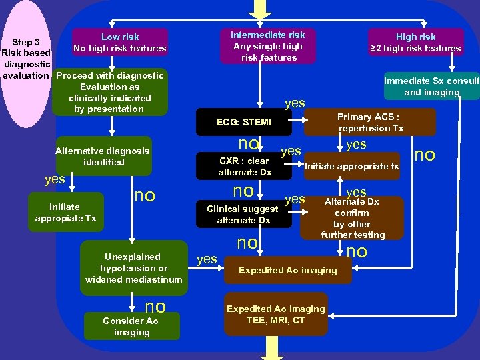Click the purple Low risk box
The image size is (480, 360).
click(x=119, y=43)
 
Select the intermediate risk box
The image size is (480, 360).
click(x=267, y=46)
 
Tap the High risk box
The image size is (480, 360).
click(x=415, y=43)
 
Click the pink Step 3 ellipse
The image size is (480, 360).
click(x=27, y=63)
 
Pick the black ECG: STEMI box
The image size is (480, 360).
click(x=244, y=122)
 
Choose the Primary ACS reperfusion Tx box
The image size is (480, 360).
click(x=371, y=122)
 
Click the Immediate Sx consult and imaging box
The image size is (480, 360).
click(x=431, y=86)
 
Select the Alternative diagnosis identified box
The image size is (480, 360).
click(x=103, y=157)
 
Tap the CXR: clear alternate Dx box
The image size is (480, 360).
click(x=245, y=166)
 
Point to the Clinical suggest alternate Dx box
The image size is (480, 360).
click(x=243, y=214)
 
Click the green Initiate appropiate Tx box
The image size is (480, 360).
click(x=65, y=213)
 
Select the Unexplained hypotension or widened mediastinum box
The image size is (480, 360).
click(x=133, y=267)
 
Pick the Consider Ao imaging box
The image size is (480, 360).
click(x=131, y=327)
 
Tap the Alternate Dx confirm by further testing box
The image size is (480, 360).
click(x=352, y=218)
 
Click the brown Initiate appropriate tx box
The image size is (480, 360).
click(x=352, y=167)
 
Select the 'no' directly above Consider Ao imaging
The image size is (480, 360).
click(x=155, y=306)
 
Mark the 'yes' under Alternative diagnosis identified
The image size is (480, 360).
click(x=54, y=179)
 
